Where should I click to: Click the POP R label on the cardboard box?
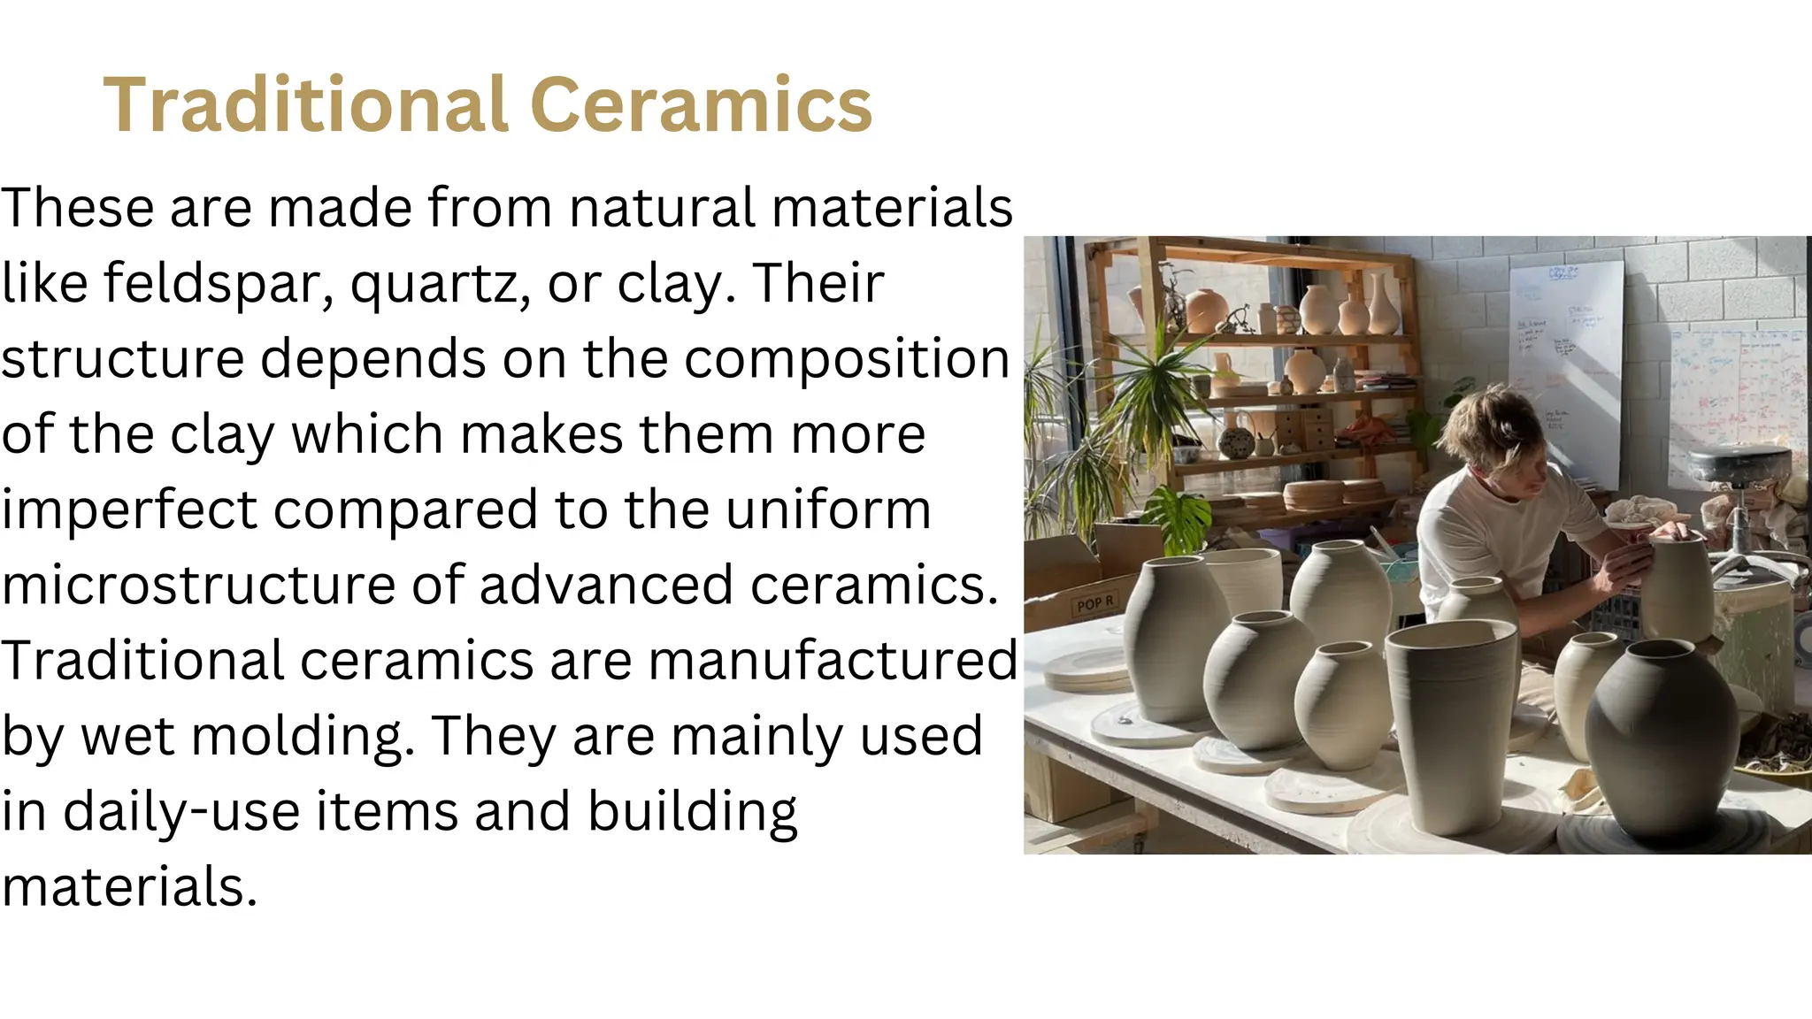(1094, 604)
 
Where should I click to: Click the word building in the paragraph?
(692, 811)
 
